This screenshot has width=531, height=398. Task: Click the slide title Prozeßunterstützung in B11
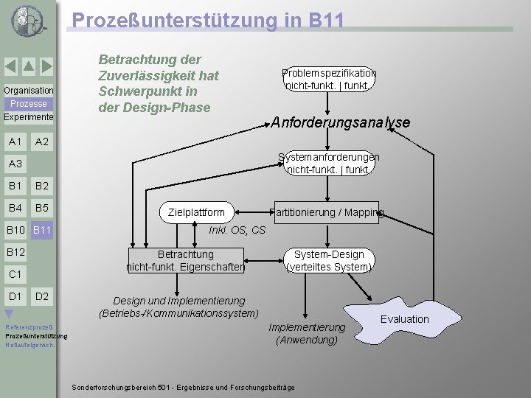[207, 20]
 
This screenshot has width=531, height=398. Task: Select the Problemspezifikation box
[329, 79]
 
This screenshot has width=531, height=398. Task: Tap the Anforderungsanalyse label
[340, 122]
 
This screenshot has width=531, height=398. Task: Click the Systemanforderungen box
[329, 163]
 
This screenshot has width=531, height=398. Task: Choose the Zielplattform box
[196, 212]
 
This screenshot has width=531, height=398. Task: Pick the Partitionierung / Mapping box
[327, 212]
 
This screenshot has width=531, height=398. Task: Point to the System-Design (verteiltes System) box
[329, 260]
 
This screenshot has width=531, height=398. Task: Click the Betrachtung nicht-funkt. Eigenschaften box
[185, 260]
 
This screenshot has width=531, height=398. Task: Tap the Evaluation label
[404, 319]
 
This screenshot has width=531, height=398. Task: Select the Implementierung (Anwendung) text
[307, 333]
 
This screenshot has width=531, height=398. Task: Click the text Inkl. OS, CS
[237, 230]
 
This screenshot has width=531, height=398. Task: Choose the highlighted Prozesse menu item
[28, 104]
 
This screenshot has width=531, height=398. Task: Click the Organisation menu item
[28, 91]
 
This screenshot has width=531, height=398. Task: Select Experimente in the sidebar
[28, 117]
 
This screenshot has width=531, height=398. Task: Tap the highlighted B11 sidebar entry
[42, 231]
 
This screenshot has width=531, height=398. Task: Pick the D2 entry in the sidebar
[42, 296]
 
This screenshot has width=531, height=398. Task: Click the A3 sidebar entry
[15, 164]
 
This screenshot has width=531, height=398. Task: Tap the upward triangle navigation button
[28, 67]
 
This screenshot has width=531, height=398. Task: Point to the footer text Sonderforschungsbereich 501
[183, 388]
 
